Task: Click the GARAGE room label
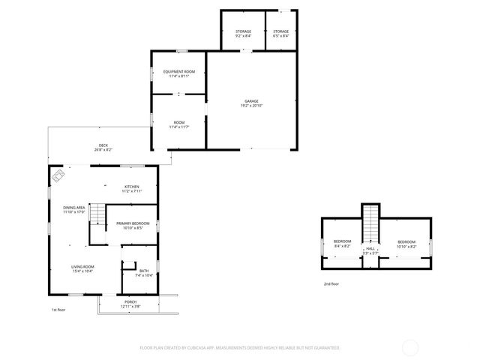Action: click(251, 101)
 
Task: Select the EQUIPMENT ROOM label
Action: click(178, 72)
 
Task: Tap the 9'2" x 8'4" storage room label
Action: click(243, 31)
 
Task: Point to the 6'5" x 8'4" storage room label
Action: click(281, 31)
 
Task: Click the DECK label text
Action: click(103, 145)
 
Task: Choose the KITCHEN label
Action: click(131, 187)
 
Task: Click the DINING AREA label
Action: click(74, 208)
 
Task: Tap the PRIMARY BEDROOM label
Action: click(132, 223)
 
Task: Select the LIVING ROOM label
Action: click(82, 266)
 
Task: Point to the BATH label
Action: click(143, 271)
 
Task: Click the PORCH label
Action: click(130, 301)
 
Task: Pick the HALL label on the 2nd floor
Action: click(370, 248)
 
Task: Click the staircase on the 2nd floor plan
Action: click(371, 221)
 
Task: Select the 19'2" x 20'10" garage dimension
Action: click(251, 105)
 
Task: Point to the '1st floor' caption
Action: click(58, 310)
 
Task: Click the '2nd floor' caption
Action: click(331, 284)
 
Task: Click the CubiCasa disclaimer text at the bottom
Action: click(240, 348)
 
